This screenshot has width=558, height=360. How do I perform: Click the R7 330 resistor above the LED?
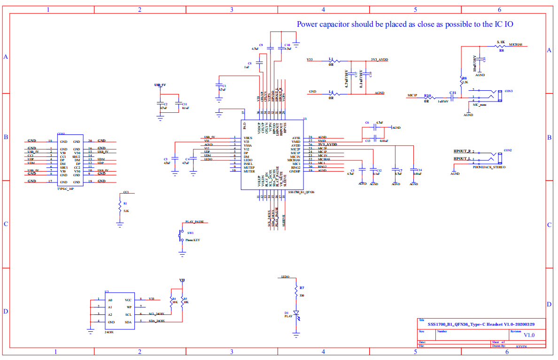296,291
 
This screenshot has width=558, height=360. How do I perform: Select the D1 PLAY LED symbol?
296,313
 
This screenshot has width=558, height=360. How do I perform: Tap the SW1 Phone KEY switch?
182,236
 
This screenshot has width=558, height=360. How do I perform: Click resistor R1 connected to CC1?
120,207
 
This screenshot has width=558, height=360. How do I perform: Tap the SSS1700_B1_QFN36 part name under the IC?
301,192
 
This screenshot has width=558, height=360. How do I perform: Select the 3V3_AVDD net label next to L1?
380,60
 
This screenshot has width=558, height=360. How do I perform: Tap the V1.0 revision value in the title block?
529,335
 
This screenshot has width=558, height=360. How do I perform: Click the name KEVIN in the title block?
522,346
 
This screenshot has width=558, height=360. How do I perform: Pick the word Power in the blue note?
308,24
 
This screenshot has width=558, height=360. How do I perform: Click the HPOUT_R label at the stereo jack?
462,151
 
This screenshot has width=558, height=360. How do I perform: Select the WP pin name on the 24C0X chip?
129,307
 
